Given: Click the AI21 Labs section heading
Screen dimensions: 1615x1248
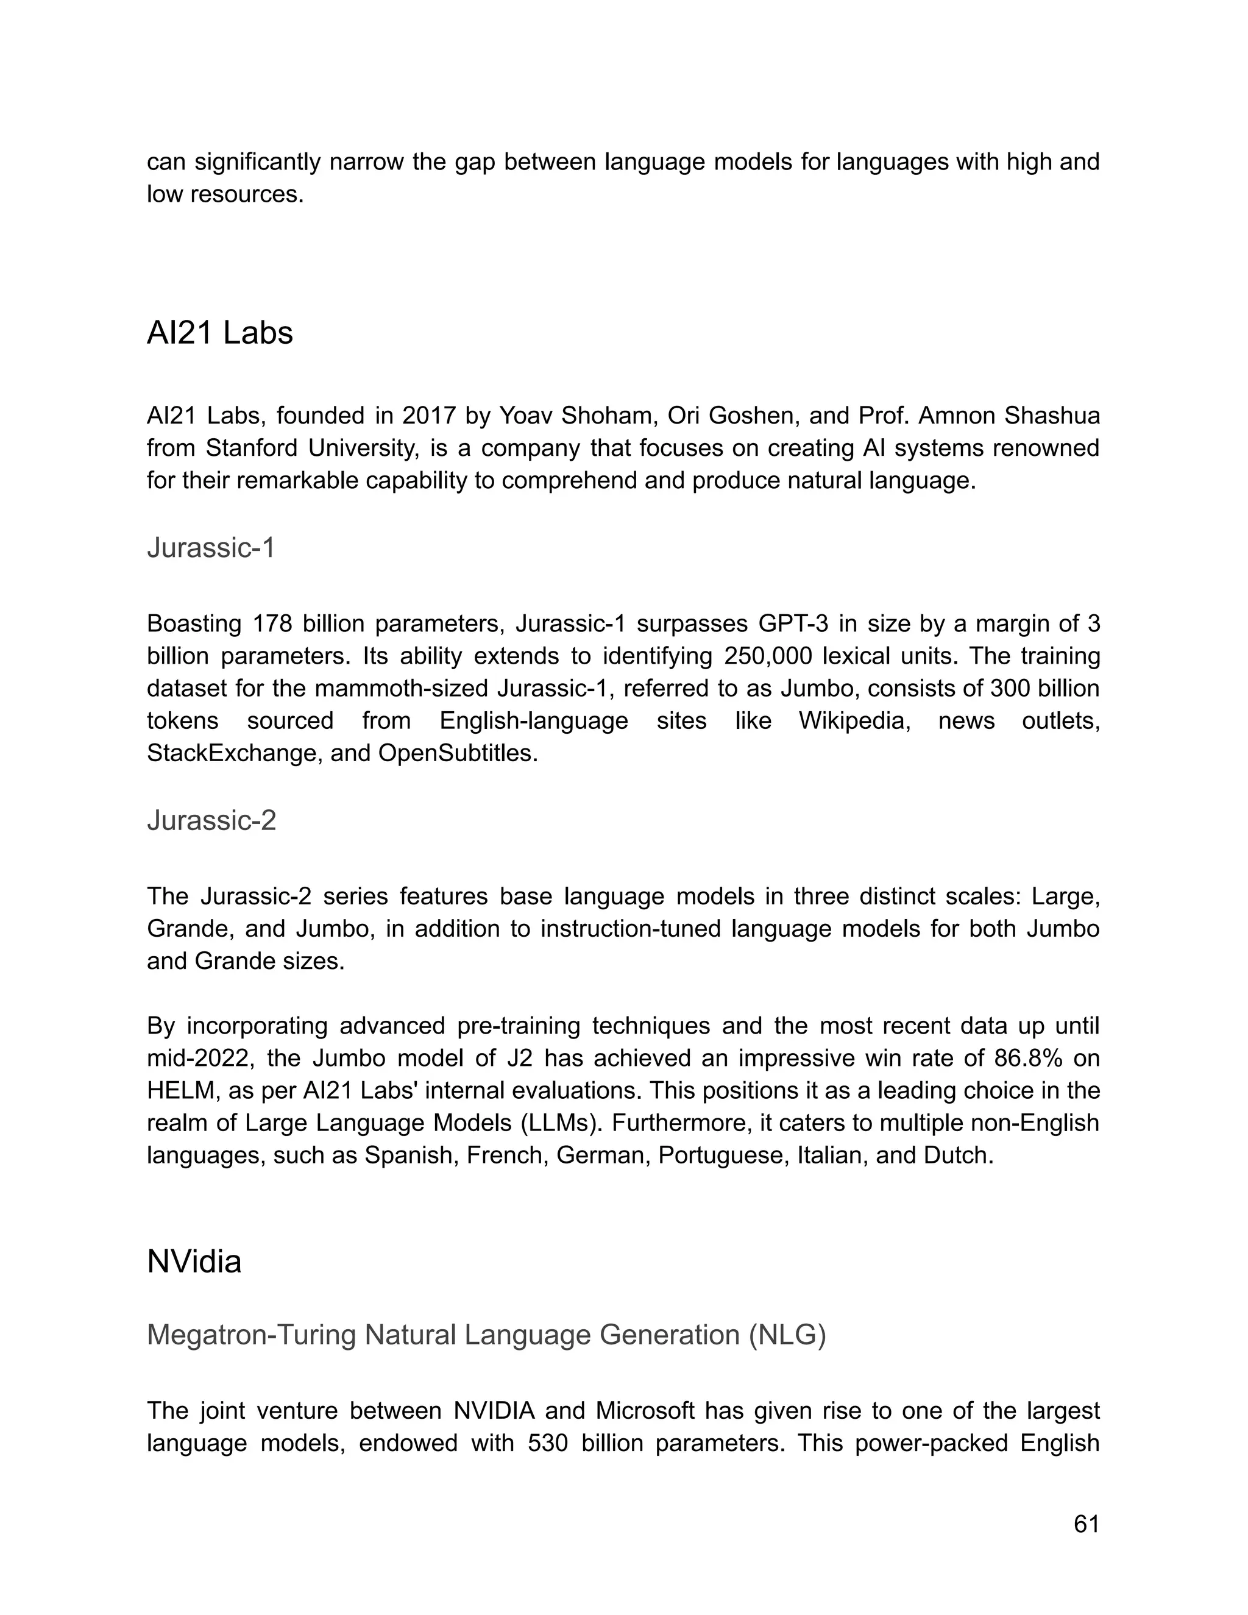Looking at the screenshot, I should [x=219, y=333].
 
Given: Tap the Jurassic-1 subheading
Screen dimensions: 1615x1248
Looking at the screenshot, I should [x=211, y=548].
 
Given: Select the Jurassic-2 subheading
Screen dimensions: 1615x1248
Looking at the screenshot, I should [x=211, y=820].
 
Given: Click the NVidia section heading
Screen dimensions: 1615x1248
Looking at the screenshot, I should [x=194, y=1262].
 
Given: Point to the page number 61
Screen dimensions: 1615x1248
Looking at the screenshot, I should [x=1086, y=1524].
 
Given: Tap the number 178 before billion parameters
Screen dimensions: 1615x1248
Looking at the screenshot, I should [x=271, y=624].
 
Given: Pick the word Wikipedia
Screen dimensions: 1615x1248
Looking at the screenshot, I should [x=853, y=721].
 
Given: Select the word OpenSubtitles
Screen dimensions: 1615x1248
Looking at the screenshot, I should [x=456, y=753].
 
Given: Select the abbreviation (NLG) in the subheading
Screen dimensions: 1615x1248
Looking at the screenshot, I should [x=787, y=1335].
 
